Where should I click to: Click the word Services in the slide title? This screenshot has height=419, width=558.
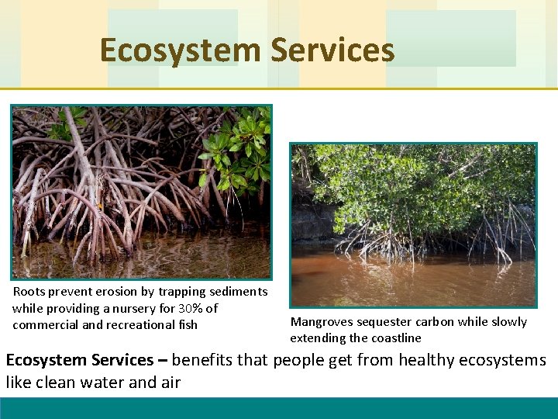332,51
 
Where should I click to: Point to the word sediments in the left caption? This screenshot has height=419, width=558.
236,292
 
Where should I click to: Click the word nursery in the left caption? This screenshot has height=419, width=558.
133,308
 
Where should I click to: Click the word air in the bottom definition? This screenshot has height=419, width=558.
170,382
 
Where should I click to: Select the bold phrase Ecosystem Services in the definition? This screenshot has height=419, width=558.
80,361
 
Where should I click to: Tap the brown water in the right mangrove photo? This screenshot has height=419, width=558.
411,279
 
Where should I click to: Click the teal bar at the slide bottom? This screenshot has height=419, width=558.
279,408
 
